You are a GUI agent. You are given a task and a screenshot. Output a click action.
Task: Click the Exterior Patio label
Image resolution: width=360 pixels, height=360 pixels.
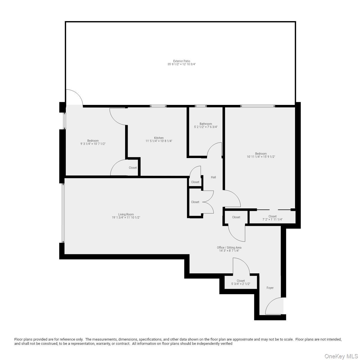point(181,61)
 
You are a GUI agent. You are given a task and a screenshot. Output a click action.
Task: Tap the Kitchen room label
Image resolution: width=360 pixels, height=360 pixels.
point(159,138)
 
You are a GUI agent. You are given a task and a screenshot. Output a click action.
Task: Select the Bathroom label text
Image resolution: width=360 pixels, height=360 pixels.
point(206,124)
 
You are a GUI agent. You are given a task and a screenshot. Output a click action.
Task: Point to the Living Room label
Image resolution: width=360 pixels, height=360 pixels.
point(126,214)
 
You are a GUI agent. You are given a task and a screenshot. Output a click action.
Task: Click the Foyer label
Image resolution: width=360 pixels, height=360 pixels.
point(270,288)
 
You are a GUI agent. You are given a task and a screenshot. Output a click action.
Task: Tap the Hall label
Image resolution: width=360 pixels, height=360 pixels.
point(213,177)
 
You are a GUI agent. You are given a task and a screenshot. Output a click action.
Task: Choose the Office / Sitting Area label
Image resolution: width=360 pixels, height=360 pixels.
point(229,247)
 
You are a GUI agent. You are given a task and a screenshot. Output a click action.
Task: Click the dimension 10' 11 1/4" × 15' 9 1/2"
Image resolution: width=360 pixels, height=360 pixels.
point(261,157)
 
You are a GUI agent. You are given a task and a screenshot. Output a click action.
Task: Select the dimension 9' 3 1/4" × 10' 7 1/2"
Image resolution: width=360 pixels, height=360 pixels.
point(93,144)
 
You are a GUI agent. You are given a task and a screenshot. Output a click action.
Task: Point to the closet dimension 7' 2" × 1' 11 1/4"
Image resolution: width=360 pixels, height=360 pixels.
point(272,220)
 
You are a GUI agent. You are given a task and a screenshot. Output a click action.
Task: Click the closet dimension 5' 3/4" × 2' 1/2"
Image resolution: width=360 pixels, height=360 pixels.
point(240,284)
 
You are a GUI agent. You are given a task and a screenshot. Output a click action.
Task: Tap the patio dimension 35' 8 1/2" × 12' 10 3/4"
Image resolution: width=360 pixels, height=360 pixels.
point(181,64)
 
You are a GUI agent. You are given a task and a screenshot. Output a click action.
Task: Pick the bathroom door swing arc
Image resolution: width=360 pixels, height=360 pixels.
point(215,149)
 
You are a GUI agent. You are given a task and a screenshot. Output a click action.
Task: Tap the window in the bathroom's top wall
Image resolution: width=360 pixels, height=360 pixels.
point(201,106)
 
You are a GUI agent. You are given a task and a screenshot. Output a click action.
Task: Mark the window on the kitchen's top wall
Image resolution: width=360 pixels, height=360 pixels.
point(158,106)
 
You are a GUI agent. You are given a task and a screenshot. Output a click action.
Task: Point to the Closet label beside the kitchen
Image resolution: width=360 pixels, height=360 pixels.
point(133,168)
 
